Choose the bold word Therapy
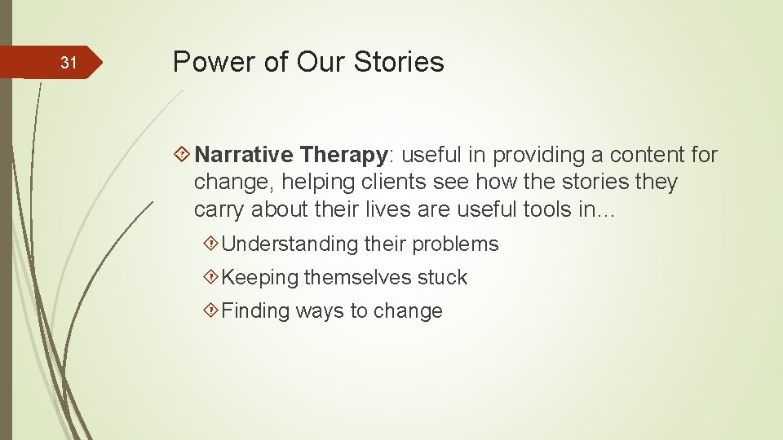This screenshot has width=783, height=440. pos(343,154)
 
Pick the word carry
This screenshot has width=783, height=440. pos(219,209)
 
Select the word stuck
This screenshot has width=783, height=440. pos(442,277)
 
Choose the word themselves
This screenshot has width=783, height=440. pos(357,277)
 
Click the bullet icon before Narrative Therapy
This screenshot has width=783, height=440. pos(183,155)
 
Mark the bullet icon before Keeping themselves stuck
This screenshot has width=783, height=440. pos(211,277)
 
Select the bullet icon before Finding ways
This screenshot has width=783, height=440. pos(211,310)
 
